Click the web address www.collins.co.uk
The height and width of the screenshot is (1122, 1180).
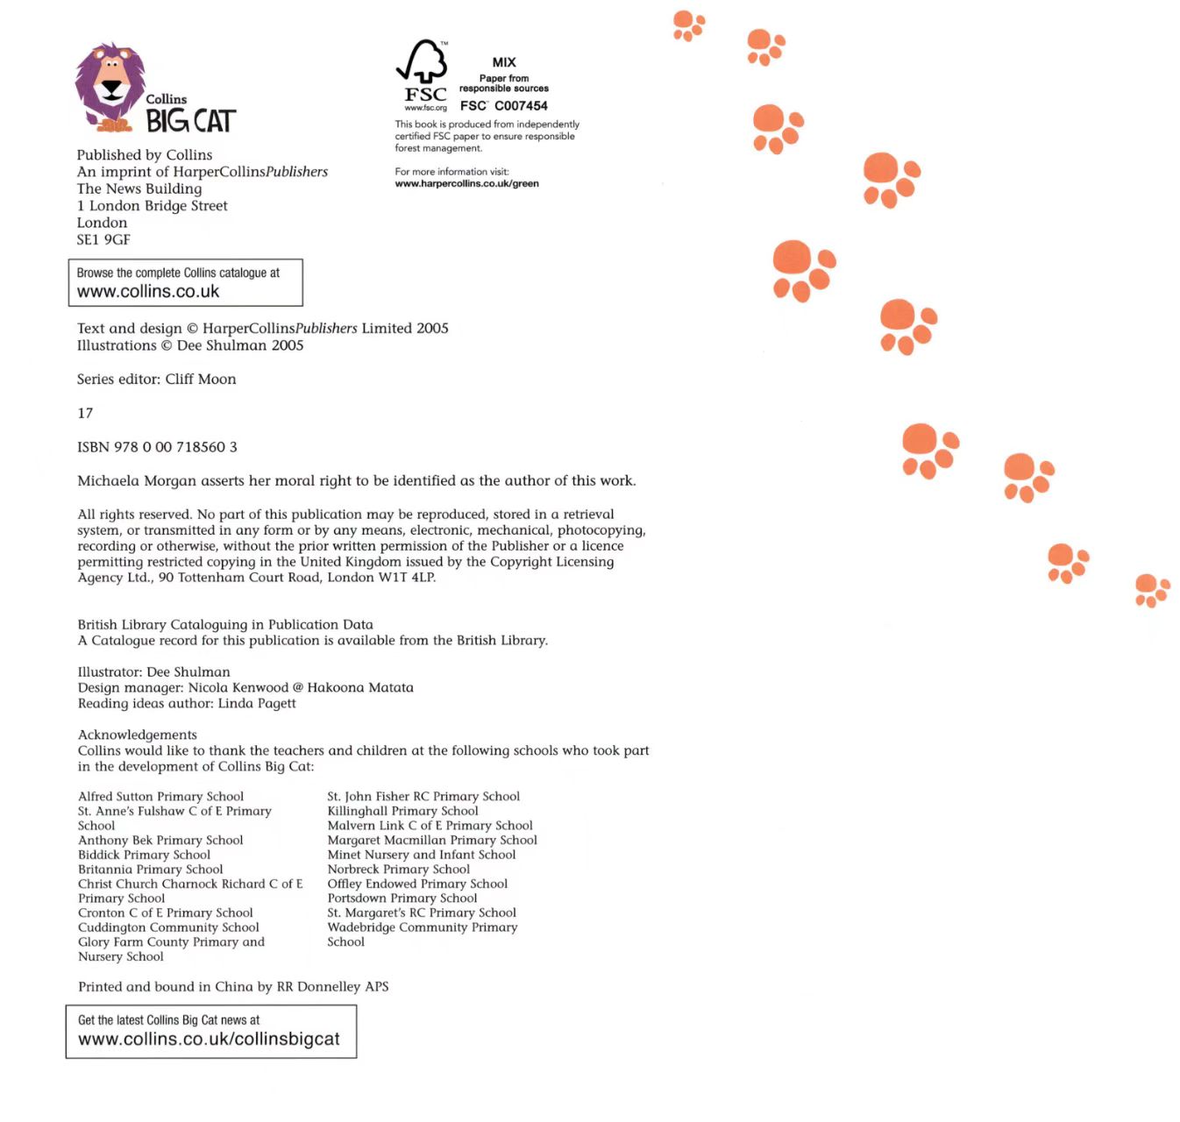[148, 292]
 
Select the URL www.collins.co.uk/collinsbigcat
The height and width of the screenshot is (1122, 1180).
[209, 1040]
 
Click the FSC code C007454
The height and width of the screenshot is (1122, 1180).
[521, 106]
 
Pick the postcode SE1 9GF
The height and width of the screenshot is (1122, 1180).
[103, 239]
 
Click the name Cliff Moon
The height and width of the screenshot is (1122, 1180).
[201, 380]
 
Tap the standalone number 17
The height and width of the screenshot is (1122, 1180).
[85, 413]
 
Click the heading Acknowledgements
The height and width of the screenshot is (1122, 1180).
[138, 735]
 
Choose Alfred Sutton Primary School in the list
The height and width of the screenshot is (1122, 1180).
[160, 797]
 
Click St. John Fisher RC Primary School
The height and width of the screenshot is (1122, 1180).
[423, 797]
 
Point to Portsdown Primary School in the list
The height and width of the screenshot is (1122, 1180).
[402, 898]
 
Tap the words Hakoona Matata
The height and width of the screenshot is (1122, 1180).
[360, 688]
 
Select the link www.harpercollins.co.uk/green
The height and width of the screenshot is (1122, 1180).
[466, 184]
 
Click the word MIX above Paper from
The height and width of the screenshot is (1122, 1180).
[504, 62]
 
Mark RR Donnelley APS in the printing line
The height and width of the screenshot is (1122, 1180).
[332, 987]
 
